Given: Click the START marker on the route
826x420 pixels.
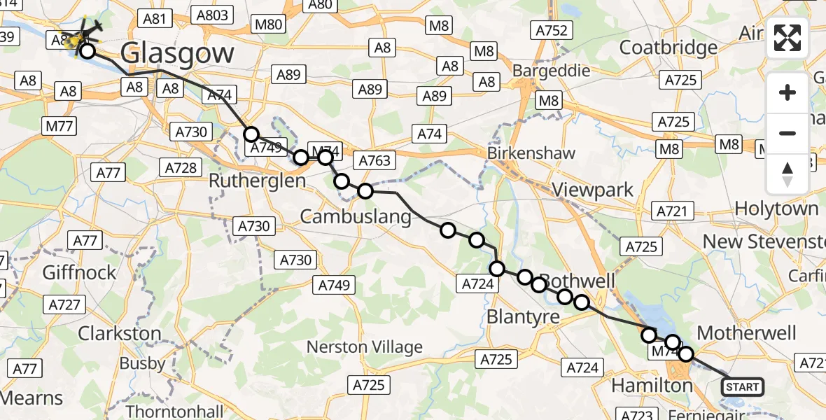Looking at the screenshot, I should pos(743,386).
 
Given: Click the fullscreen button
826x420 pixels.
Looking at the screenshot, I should pos(787,38).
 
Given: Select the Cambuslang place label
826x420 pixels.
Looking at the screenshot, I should pos(356,217).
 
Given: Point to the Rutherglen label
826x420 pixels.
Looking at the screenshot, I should pos(257,181).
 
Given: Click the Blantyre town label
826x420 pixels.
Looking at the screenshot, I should pos(523,317).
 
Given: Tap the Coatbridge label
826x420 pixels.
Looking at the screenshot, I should pos(668,48).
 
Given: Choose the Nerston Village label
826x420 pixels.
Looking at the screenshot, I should pos(365,347).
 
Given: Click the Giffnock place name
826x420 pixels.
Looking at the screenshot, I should pos(79,272).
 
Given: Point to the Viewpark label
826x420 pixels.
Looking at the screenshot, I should pos(593,190).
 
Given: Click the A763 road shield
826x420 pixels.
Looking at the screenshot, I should pos(374,160).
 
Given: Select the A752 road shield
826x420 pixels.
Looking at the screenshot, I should pos(552,30).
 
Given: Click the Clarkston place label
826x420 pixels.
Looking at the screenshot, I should pos(120,333).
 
